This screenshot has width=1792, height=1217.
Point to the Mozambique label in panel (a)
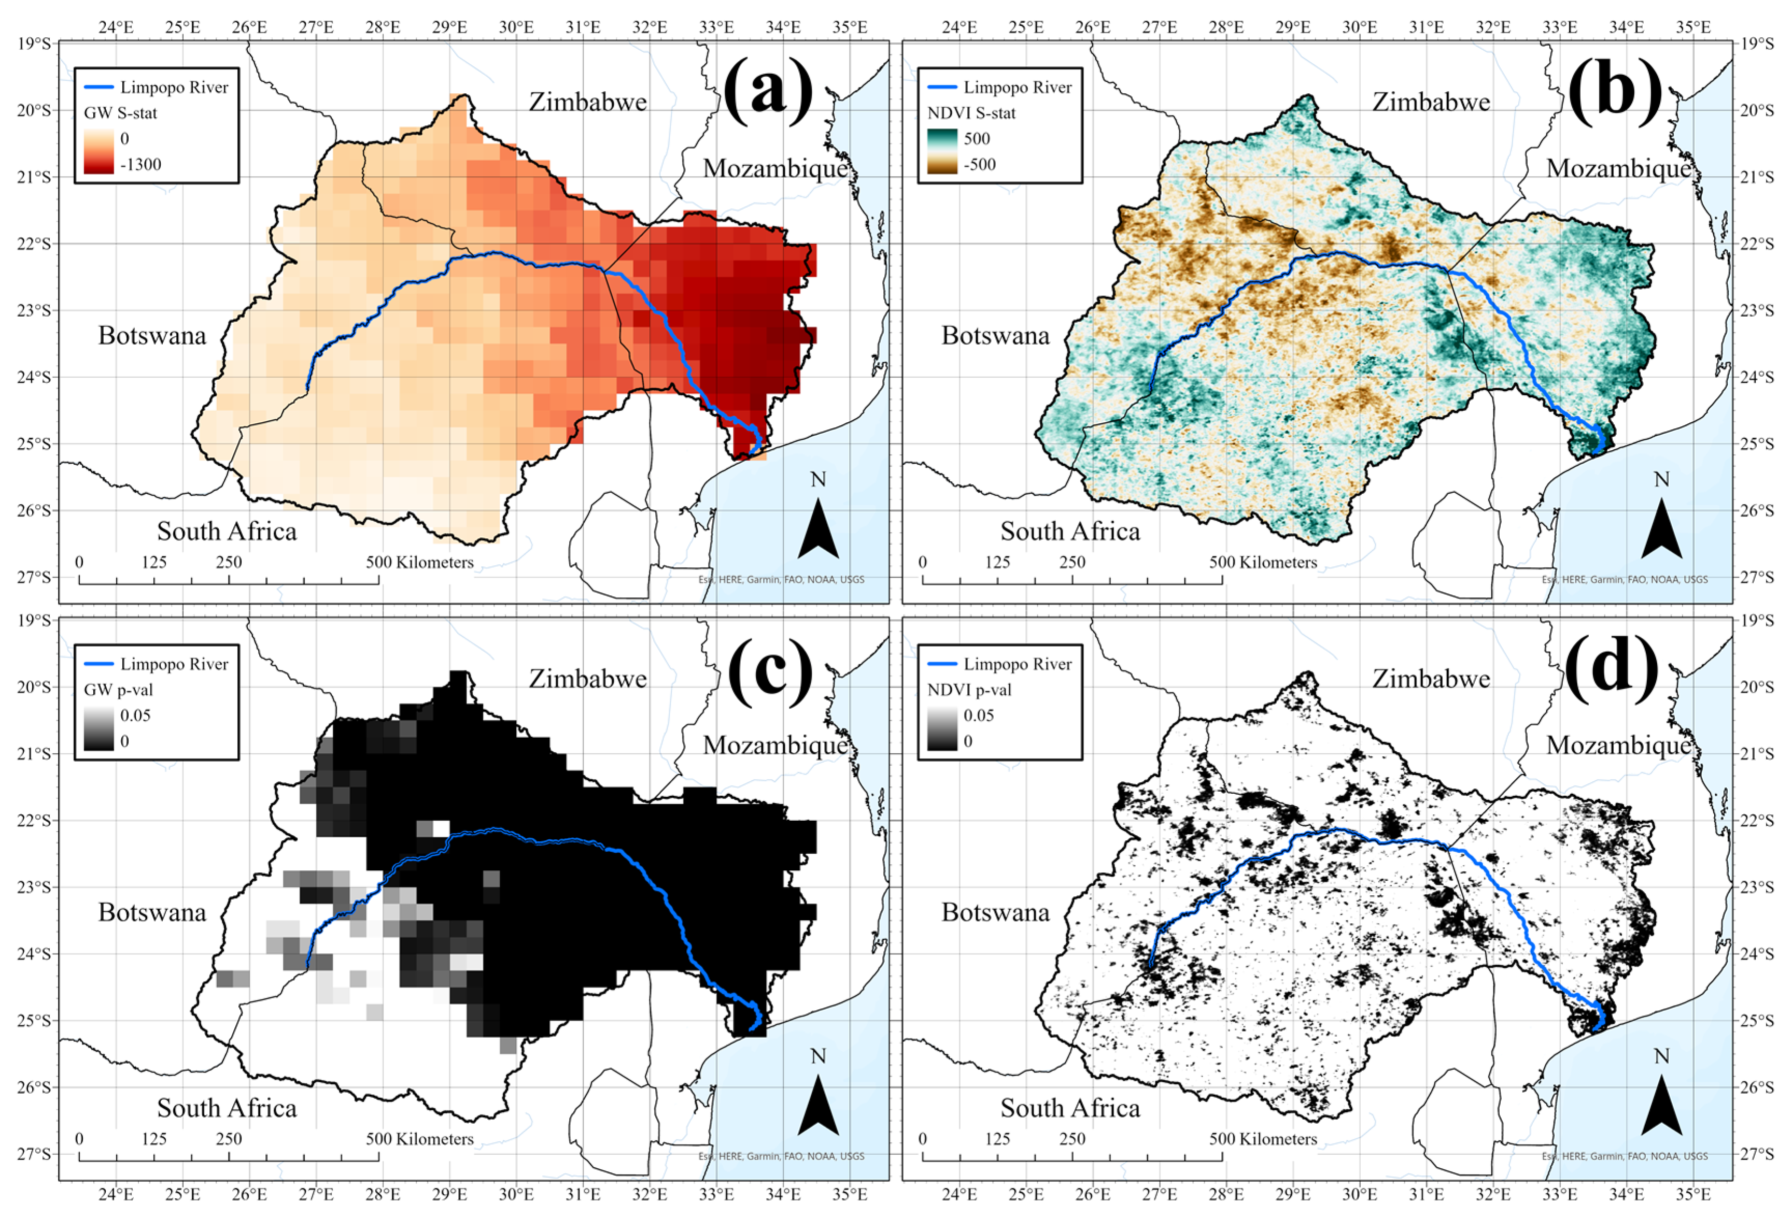(x=775, y=168)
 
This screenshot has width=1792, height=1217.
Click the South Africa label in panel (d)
(x=1070, y=1108)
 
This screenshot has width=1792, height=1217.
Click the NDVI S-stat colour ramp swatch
(x=941, y=151)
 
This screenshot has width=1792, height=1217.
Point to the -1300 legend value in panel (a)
(x=141, y=164)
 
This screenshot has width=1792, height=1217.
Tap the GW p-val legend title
(x=117, y=690)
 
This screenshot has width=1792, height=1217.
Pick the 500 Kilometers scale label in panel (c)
(x=420, y=1139)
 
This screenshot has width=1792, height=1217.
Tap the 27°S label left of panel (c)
(x=34, y=1154)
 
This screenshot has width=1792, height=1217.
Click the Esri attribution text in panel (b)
(x=1625, y=580)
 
